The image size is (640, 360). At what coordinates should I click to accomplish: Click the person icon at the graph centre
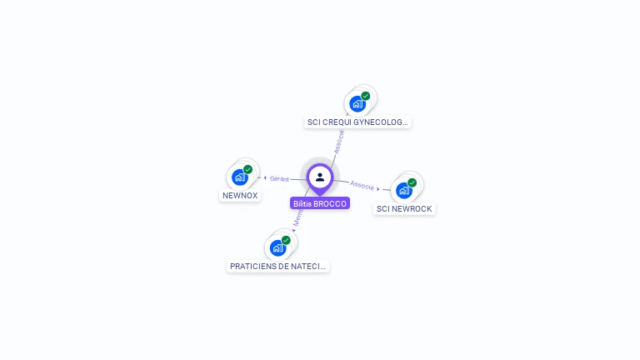pyautogui.click(x=320, y=177)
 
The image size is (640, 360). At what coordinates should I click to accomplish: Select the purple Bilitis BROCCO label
pyautogui.click(x=320, y=203)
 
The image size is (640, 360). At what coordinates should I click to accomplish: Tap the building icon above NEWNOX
pyautogui.click(x=240, y=177)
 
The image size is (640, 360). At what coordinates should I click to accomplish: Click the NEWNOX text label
pyautogui.click(x=240, y=196)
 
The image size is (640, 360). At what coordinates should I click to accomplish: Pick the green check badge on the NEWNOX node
pyautogui.click(x=247, y=169)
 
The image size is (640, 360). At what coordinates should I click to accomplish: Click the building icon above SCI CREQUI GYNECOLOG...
pyautogui.click(x=357, y=103)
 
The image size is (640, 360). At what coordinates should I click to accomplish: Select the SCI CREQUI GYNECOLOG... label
pyautogui.click(x=358, y=122)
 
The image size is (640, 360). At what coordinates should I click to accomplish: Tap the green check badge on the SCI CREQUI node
pyautogui.click(x=365, y=96)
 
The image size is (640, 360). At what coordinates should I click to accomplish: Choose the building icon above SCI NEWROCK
pyautogui.click(x=404, y=190)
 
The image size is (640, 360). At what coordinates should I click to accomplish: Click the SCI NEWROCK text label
pyautogui.click(x=405, y=209)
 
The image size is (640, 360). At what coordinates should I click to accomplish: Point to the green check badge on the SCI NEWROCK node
pyautogui.click(x=412, y=182)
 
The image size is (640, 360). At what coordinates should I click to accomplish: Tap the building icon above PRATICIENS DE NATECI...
pyautogui.click(x=278, y=247)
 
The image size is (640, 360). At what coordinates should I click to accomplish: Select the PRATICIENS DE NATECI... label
pyautogui.click(x=278, y=267)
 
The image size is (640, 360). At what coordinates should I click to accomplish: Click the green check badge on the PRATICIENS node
pyautogui.click(x=286, y=240)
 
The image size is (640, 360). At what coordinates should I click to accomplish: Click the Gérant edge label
pyautogui.click(x=279, y=178)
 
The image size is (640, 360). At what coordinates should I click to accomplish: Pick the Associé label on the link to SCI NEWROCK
pyautogui.click(x=362, y=185)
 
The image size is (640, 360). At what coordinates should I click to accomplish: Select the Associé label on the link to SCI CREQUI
pyautogui.click(x=338, y=141)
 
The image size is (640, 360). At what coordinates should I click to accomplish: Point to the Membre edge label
pyautogui.click(x=298, y=218)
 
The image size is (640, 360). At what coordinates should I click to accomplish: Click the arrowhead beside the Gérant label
pyautogui.click(x=265, y=178)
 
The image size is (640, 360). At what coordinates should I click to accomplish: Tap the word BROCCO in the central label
pyautogui.click(x=330, y=203)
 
